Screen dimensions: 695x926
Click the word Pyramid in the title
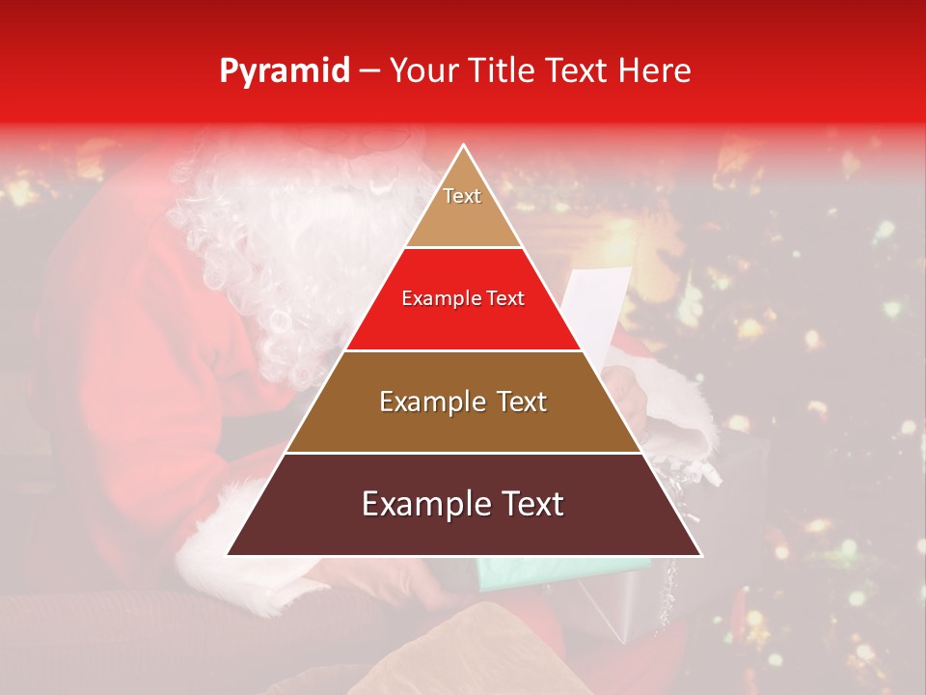point(284,71)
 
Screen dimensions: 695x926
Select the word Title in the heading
point(502,70)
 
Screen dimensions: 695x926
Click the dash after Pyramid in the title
point(368,71)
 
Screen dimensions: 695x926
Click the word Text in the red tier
point(504,299)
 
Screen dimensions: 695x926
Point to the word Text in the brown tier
point(520,402)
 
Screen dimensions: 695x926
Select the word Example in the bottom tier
point(423,504)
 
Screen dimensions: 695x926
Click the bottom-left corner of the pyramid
point(228,554)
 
